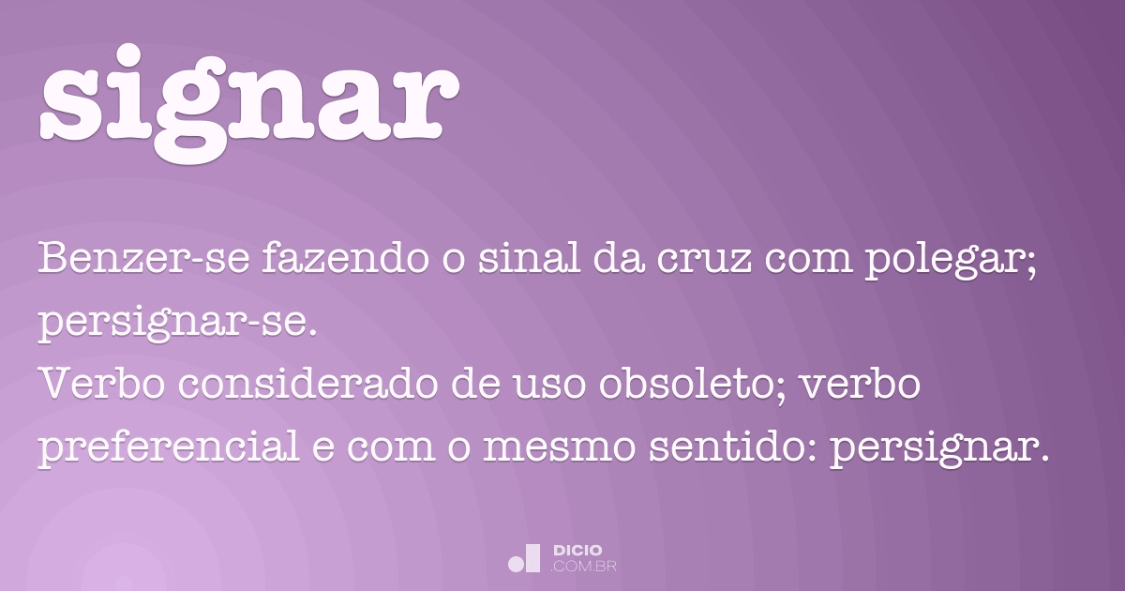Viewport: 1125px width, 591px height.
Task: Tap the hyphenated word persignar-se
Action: coord(177,325)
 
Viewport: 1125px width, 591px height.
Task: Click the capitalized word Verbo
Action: coord(93,386)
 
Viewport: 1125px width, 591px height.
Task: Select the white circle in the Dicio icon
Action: coord(516,564)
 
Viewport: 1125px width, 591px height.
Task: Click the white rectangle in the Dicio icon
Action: coord(532,557)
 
